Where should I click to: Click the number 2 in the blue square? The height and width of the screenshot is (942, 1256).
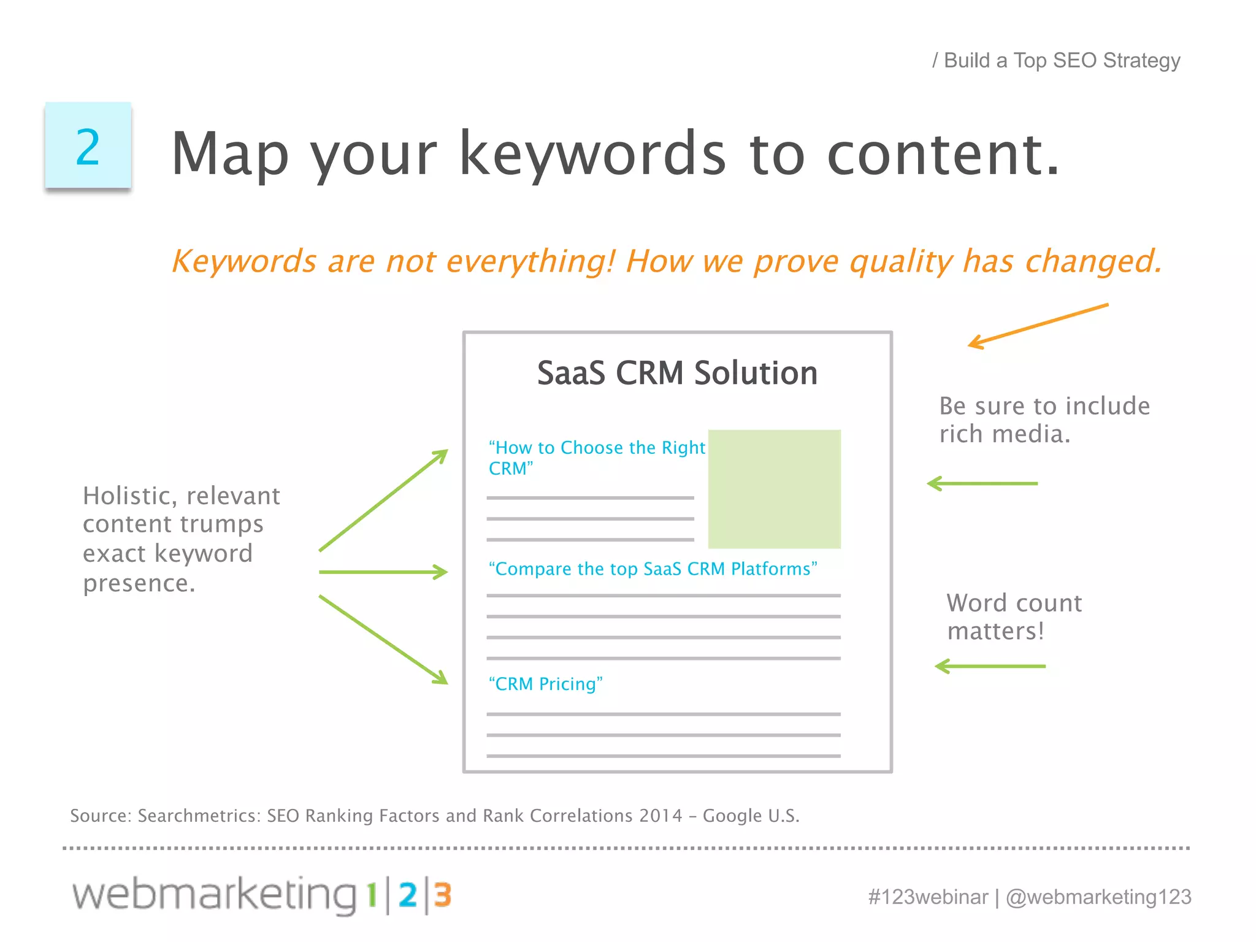click(x=88, y=147)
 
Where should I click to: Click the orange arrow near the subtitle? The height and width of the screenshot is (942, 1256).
click(x=1038, y=326)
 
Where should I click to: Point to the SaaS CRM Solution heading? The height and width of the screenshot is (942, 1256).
click(x=677, y=373)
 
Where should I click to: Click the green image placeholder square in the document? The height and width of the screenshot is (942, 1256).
click(x=774, y=489)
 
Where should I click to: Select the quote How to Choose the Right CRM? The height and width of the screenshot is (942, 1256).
click(x=596, y=457)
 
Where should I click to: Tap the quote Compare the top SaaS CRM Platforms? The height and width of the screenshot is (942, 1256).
click(x=653, y=569)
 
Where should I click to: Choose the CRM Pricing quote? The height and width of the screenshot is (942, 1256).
click(x=545, y=684)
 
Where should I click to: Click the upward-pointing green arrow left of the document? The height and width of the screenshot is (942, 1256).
click(x=384, y=500)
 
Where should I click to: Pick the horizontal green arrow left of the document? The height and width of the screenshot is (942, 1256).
click(x=384, y=572)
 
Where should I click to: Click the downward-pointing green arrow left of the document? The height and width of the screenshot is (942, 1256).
click(x=384, y=640)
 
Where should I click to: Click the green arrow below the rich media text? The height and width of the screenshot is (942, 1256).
click(x=982, y=484)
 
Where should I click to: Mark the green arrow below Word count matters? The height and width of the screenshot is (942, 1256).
click(x=990, y=666)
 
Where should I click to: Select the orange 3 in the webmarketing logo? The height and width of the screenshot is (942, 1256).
click(x=443, y=895)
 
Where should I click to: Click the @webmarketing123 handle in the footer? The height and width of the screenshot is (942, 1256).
click(x=1098, y=897)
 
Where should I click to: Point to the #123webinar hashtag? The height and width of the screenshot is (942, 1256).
click(x=928, y=897)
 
